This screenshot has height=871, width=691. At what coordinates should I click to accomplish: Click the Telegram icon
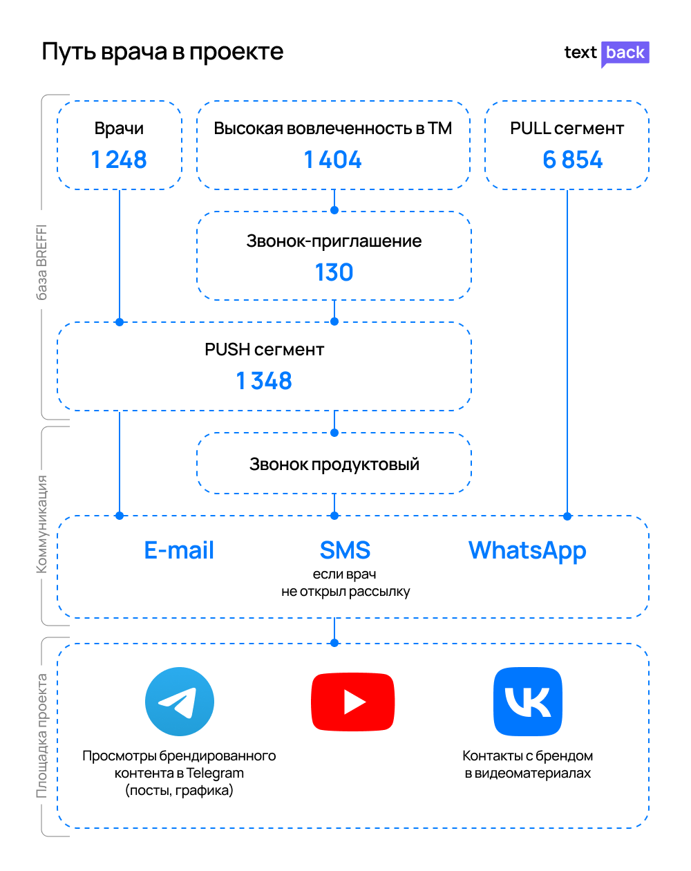tap(179, 702)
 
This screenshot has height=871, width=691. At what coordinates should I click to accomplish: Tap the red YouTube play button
tap(353, 702)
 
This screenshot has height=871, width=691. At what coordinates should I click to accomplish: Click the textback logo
tap(607, 54)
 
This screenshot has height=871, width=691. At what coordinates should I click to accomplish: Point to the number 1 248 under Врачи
tap(119, 160)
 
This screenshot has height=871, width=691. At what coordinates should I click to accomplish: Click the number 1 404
tap(333, 160)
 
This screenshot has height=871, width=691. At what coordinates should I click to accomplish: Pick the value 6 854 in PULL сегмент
tap(572, 160)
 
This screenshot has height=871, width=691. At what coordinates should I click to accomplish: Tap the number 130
tap(334, 272)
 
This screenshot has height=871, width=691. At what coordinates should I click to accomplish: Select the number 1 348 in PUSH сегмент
tap(264, 381)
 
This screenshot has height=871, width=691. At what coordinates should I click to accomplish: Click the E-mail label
tap(179, 550)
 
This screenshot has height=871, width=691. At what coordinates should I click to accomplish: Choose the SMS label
tap(345, 550)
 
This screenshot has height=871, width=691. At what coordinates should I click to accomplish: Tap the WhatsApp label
tap(527, 551)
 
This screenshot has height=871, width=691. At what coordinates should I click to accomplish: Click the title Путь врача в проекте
tap(162, 53)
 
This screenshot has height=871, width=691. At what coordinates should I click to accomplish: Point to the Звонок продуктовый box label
tap(334, 465)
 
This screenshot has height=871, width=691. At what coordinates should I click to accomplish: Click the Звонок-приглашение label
tap(334, 241)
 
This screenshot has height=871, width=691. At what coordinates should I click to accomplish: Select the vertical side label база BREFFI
tap(41, 262)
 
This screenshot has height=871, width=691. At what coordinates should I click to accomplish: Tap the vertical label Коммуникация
tap(41, 524)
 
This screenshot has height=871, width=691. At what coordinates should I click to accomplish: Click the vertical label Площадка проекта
tap(41, 736)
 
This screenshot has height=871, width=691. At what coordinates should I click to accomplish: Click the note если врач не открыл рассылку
tap(345, 583)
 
